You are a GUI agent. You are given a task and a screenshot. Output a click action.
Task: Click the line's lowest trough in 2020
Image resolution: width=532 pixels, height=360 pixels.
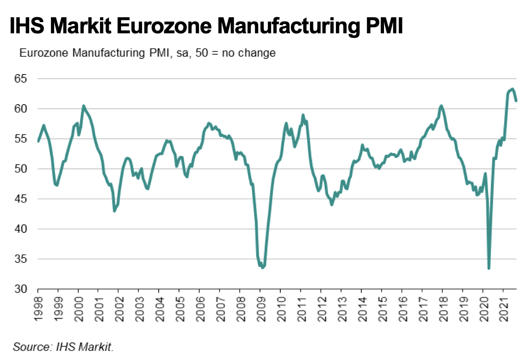pos(489,268)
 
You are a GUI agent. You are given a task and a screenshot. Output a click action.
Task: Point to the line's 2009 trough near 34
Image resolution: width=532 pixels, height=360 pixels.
pos(262,267)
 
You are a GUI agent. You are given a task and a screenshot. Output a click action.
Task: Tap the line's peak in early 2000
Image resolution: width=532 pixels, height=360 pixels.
pos(83,106)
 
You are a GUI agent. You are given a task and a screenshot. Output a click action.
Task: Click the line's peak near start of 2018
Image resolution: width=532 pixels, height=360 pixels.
pos(441,106)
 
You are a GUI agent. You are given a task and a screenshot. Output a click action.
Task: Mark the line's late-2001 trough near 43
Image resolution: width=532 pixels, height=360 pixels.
pos(114,211)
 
